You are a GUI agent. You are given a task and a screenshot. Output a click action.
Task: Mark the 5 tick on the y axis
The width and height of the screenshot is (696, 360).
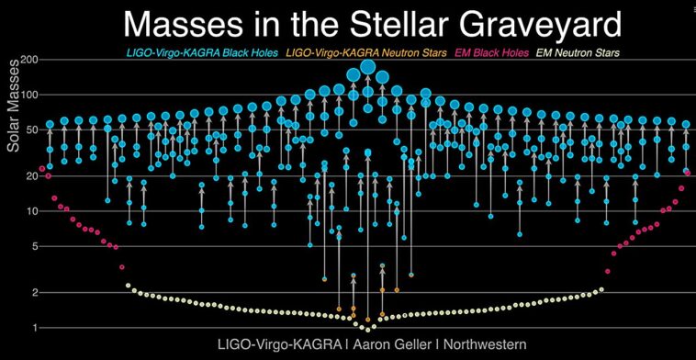(x=33, y=246)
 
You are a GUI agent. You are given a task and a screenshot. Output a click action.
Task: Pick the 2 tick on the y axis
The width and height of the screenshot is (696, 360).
(x=33, y=292)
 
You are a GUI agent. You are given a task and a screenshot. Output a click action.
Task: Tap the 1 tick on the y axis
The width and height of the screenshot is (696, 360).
(x=33, y=328)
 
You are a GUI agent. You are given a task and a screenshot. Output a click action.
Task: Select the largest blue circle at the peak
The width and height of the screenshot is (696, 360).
(x=368, y=66)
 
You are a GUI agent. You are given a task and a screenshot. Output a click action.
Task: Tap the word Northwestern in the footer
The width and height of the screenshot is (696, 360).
(x=478, y=344)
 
